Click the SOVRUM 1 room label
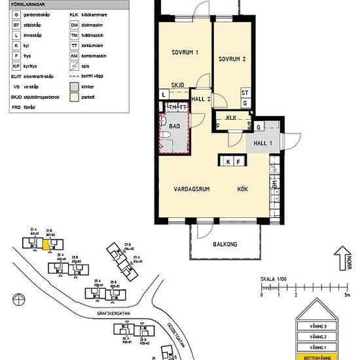185,52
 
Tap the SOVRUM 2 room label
232,58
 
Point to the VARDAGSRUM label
191,189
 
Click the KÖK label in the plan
243,189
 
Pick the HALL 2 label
200,99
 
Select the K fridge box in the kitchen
228,161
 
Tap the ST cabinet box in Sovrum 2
245,93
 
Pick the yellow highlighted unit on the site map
45,243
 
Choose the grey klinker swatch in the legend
74,85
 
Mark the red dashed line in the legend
74,75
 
